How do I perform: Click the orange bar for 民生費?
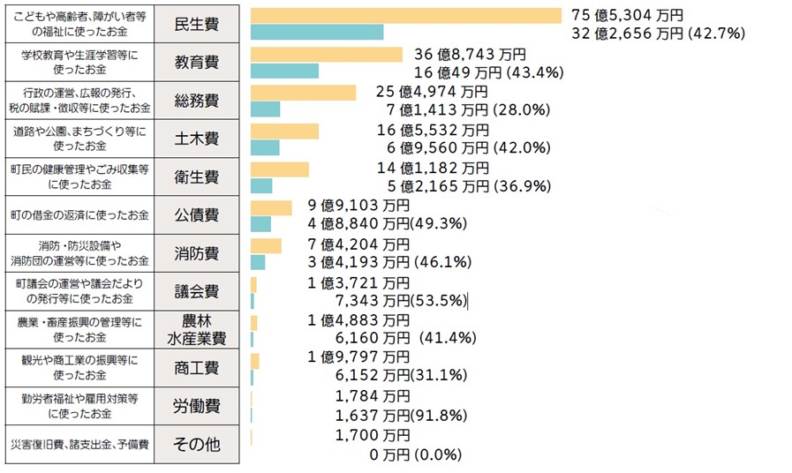point(406,16)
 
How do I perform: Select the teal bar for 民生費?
point(317,33)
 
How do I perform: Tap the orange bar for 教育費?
point(327,54)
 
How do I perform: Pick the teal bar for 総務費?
point(265,109)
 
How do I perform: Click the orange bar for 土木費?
point(284,131)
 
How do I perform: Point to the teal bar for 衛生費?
point(261,186)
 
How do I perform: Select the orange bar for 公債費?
point(271,207)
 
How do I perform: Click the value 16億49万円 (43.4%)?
point(489,71)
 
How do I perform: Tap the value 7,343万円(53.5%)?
point(401,300)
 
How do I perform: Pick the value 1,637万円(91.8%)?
point(401,415)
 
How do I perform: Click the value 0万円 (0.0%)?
point(411,454)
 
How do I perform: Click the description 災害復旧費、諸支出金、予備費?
point(79,444)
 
